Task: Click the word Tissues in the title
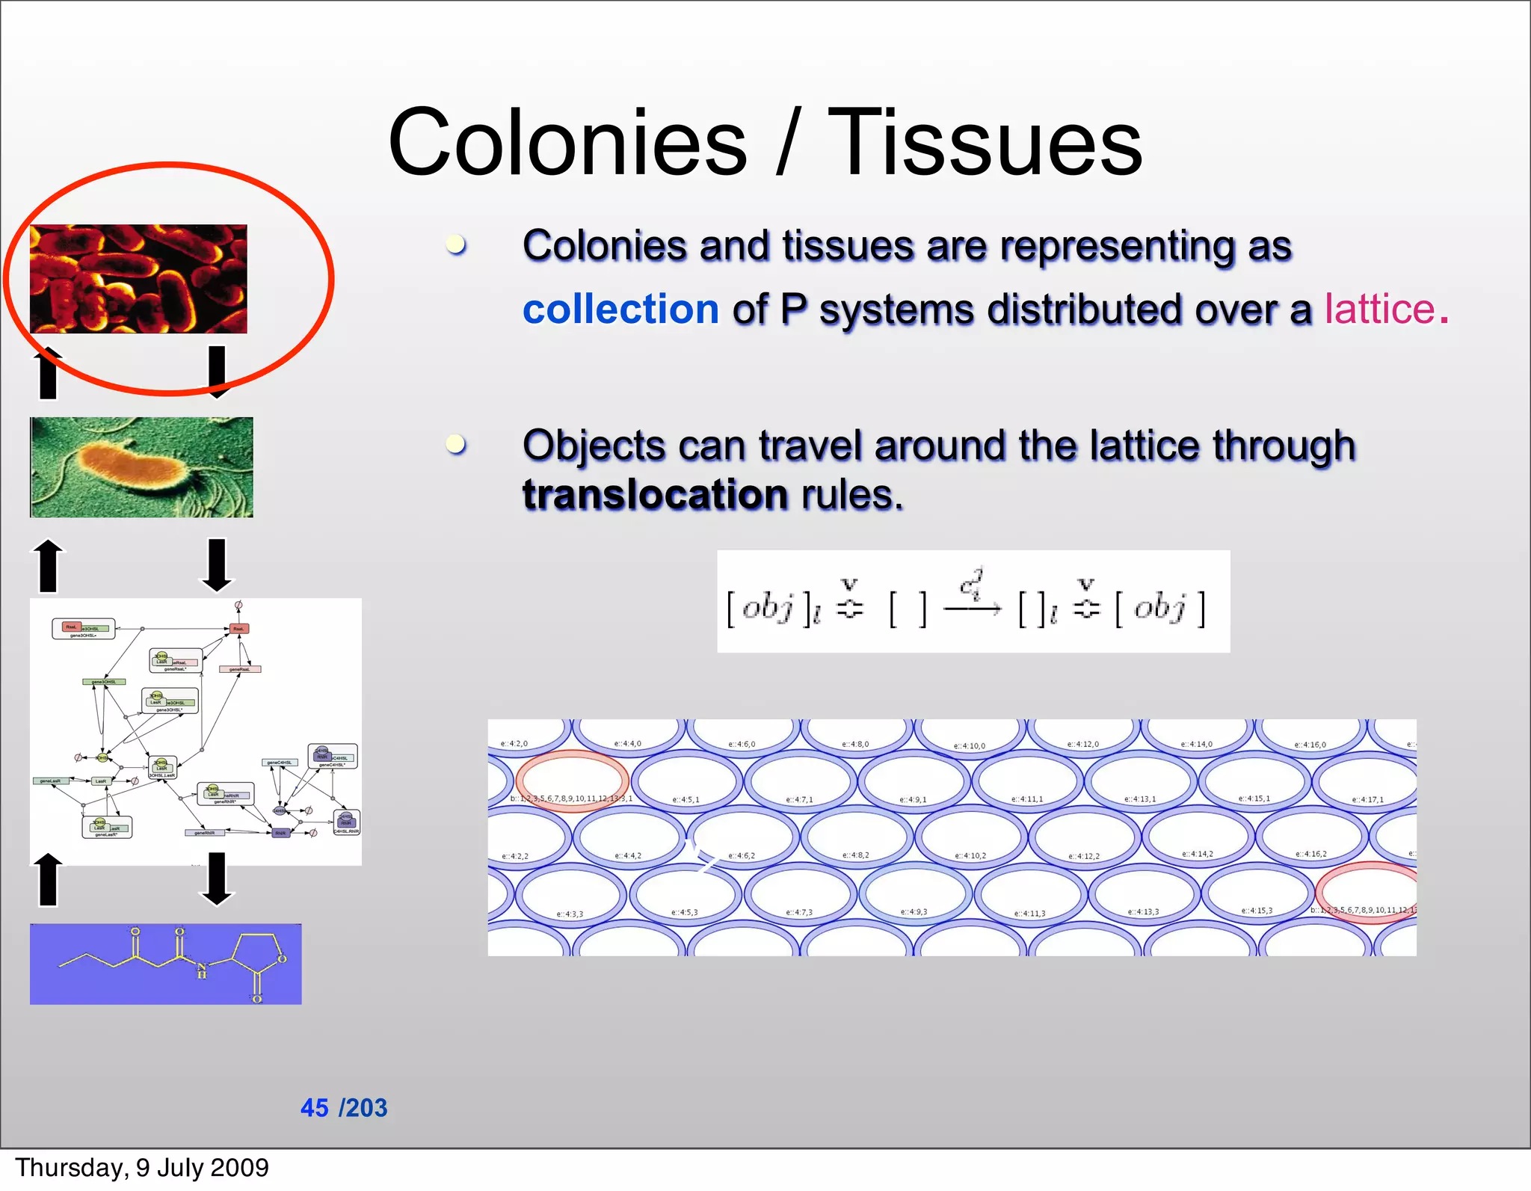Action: pyautogui.click(x=985, y=142)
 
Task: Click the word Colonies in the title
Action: pyautogui.click(x=567, y=142)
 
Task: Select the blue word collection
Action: pyautogui.click(x=620, y=309)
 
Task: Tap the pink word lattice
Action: pyautogui.click(x=1379, y=309)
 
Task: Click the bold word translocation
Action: pyautogui.click(x=655, y=495)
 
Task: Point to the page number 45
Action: pyautogui.click(x=314, y=1107)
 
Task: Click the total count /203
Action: pyautogui.click(x=363, y=1107)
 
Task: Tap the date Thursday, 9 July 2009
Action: pyautogui.click(x=142, y=1167)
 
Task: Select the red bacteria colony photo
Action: pyautogui.click(x=138, y=278)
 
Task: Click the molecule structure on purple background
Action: pyautogui.click(x=165, y=963)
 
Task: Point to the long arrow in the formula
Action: pyautogui.click(x=972, y=609)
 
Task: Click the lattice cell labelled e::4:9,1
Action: pyautogui.click(x=914, y=781)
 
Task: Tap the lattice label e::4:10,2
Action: pyautogui.click(x=970, y=855)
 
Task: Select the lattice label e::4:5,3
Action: pyautogui.click(x=684, y=912)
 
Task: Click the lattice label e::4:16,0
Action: pyautogui.click(x=1310, y=745)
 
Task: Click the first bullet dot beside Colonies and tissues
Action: pyautogui.click(x=456, y=244)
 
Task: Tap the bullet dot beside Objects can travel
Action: pyautogui.click(x=456, y=444)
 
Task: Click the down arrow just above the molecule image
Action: pyautogui.click(x=217, y=878)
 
